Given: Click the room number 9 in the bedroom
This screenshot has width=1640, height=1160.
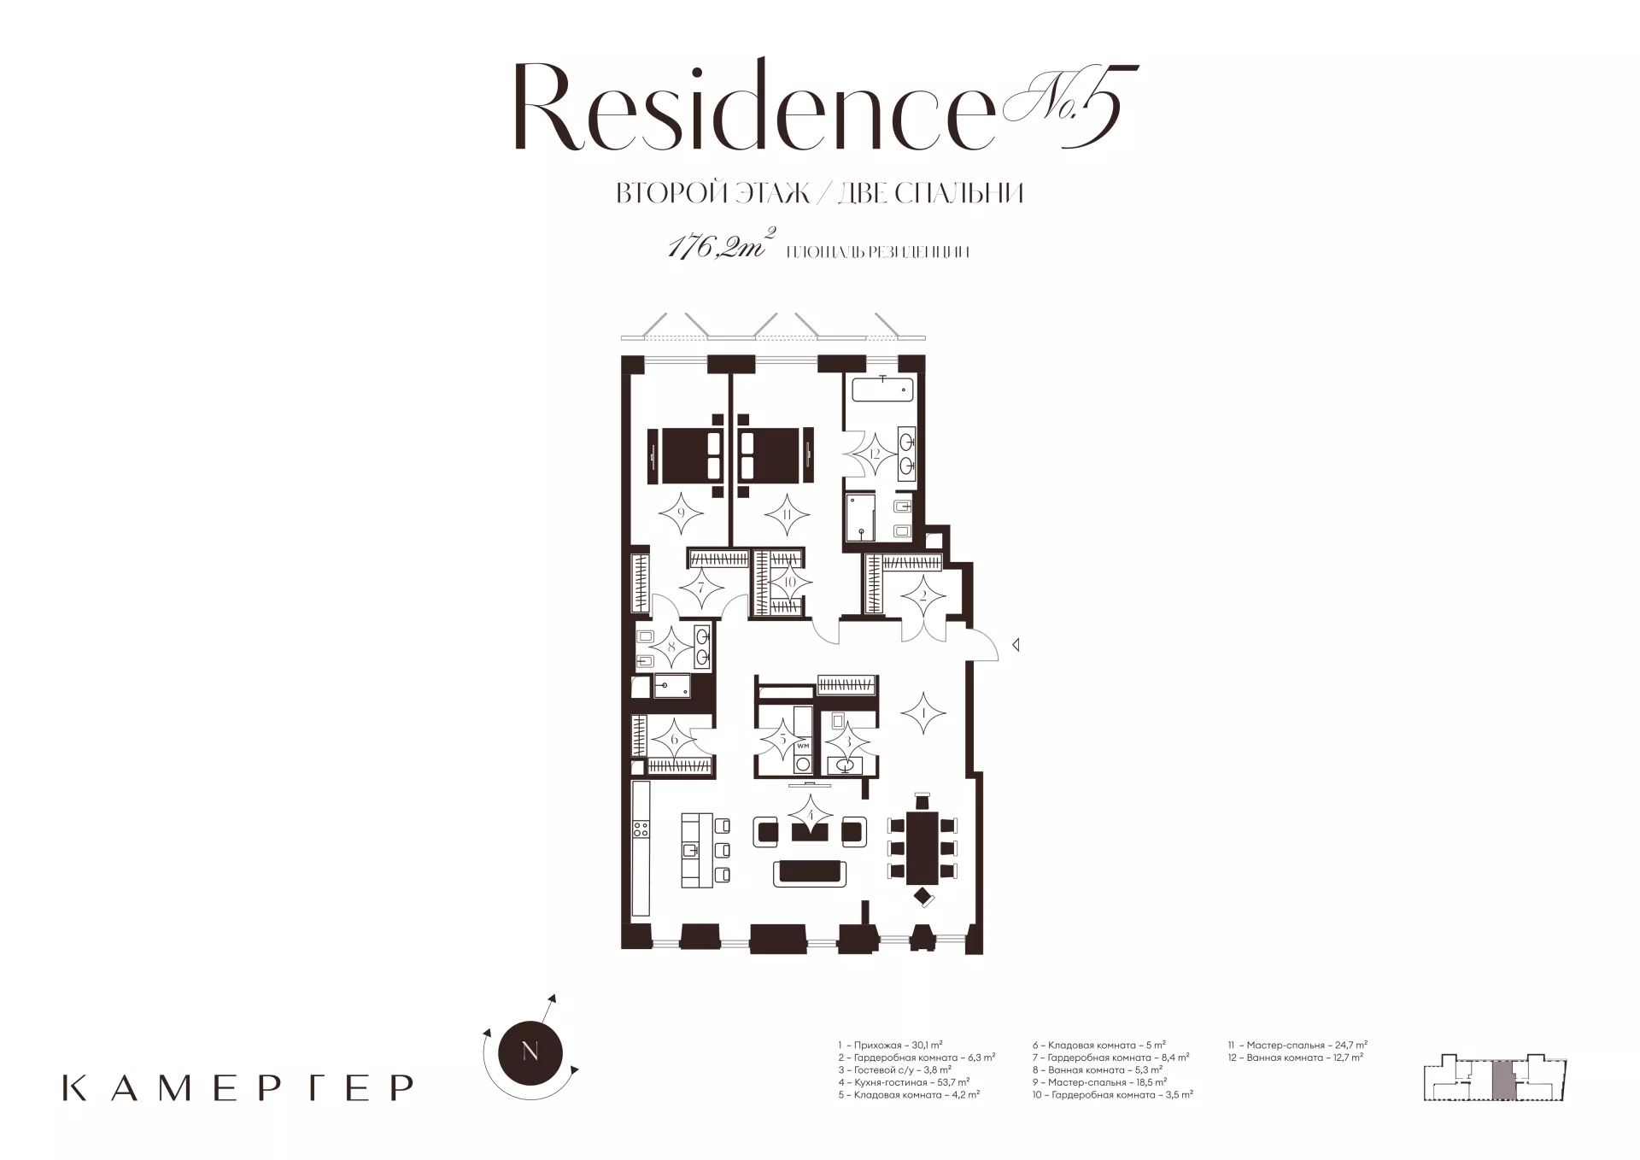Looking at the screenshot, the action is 682,514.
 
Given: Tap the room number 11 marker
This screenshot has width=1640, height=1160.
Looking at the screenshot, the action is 787,514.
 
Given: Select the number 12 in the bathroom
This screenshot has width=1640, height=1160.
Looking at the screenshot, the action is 875,454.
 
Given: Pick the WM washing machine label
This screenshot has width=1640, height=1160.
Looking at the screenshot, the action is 802,745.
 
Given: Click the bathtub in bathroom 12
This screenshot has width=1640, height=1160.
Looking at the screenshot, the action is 882,390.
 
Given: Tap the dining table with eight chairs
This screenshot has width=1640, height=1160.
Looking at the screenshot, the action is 922,848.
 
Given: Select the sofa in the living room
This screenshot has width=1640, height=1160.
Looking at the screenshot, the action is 810,873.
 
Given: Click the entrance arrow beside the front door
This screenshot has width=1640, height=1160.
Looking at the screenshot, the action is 1016,646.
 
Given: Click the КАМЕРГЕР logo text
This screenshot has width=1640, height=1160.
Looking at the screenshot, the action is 238,1087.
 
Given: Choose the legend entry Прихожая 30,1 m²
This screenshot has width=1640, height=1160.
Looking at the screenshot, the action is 890,1045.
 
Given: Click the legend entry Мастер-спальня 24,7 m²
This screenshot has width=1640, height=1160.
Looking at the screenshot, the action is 1297,1045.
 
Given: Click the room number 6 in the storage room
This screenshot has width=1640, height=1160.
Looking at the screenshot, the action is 674,740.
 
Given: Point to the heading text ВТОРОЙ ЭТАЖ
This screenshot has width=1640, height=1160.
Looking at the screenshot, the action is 713,194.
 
